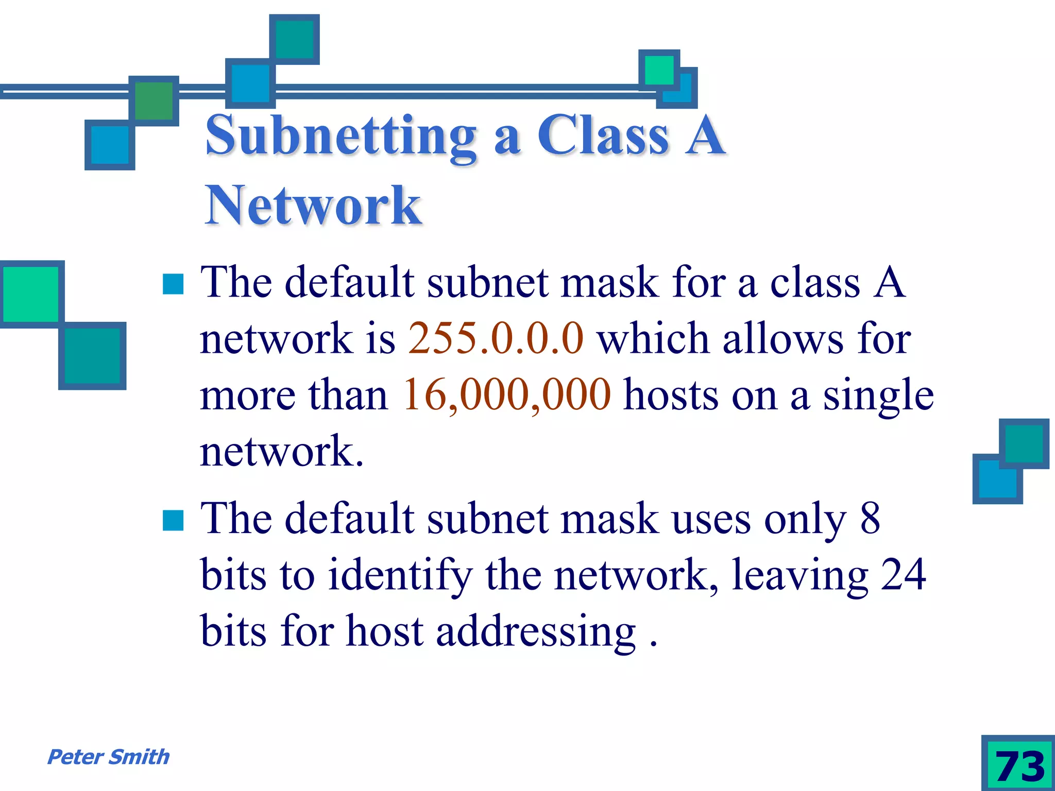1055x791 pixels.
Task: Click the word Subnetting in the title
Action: [x=341, y=135]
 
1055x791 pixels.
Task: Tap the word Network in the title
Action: [x=313, y=205]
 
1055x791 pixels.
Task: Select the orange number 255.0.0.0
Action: [x=496, y=338]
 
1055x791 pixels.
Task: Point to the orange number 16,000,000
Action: [x=507, y=394]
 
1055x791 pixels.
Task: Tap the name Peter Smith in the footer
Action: [x=108, y=757]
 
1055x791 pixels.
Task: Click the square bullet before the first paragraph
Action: [x=173, y=284]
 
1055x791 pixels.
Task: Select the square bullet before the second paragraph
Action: [x=173, y=520]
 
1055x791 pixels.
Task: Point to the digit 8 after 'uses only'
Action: [x=870, y=518]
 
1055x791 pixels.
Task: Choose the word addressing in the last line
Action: [x=536, y=631]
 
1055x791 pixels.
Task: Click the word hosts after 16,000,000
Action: [x=671, y=394]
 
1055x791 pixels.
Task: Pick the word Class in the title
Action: [x=603, y=135]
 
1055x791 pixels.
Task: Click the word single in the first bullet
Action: [x=878, y=395]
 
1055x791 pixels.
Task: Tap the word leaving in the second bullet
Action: [x=800, y=575]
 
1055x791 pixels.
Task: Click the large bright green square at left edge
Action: [x=31, y=294]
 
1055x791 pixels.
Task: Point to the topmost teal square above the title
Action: [x=295, y=40]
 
